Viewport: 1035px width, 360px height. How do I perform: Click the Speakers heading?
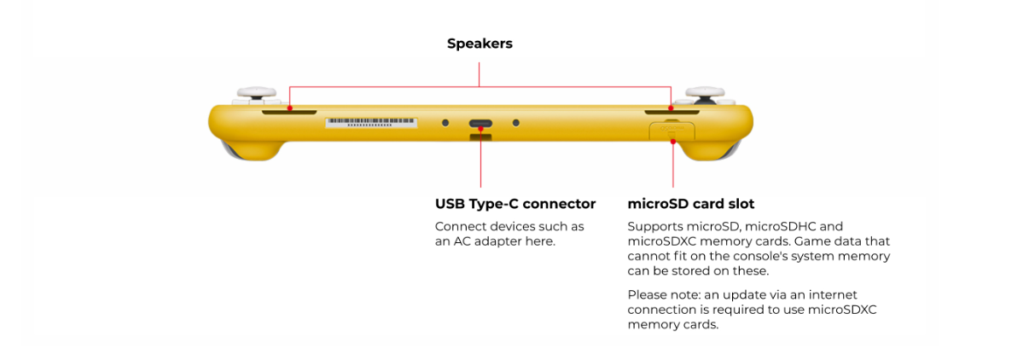(x=480, y=44)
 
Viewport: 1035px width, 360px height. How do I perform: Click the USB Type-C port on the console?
(x=480, y=124)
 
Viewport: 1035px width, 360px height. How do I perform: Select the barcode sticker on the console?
(x=372, y=123)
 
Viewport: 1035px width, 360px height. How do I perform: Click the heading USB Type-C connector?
(x=515, y=204)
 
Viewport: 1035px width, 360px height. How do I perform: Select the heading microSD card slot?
(x=690, y=204)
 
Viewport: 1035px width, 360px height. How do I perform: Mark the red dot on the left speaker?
(x=289, y=108)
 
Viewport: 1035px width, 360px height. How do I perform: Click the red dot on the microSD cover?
(x=673, y=141)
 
